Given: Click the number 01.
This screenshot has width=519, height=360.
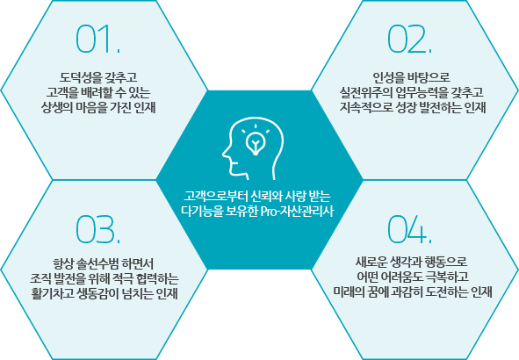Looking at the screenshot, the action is (x=98, y=39).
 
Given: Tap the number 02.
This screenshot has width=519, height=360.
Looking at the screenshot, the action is (x=410, y=39).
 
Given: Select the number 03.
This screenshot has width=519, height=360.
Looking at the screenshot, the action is (x=98, y=229).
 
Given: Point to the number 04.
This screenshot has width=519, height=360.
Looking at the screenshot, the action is (x=410, y=229).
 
